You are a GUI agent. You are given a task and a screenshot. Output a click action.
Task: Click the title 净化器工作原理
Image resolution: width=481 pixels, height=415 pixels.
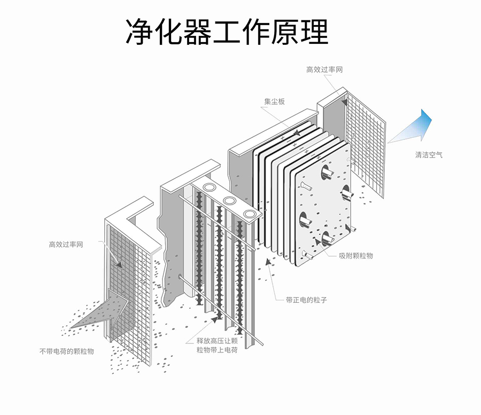coord(227,32)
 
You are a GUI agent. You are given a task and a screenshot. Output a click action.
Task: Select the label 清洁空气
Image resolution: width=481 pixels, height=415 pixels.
coord(429,155)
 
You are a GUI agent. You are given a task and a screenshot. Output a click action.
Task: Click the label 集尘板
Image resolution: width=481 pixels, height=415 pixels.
coord(275,101)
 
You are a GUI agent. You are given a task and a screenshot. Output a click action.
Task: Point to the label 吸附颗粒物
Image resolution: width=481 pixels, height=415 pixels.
coord(356,256)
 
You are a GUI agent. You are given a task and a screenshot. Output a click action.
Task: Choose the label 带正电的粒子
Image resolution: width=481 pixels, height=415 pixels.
coord(306,300)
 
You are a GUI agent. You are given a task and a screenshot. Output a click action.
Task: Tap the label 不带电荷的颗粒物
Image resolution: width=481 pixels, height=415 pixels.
coord(67,351)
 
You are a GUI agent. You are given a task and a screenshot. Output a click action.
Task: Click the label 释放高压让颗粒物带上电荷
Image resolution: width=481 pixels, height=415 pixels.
coord(217,345)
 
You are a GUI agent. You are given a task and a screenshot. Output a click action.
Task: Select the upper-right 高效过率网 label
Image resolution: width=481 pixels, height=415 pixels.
coord(324,69)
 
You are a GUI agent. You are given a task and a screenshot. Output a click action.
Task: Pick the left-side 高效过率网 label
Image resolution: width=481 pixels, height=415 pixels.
coord(66,244)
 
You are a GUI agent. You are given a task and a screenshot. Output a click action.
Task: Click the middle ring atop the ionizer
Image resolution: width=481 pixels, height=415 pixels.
coord(229,201)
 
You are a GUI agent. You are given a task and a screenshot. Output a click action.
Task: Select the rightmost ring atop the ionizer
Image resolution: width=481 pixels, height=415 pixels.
coord(250,214)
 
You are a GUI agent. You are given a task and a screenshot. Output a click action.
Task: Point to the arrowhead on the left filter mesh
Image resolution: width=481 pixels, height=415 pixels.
coord(119,264)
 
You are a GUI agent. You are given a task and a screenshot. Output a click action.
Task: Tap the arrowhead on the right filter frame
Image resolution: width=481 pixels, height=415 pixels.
coord(345,102)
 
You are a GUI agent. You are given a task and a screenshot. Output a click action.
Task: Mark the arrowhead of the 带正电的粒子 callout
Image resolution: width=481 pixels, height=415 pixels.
coord(268,261)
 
